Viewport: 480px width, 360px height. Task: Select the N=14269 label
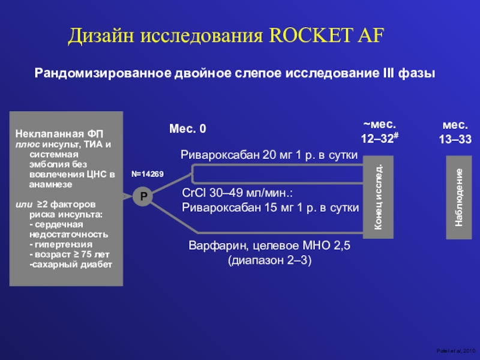pos(148,174)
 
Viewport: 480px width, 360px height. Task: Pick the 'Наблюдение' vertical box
pos(459,197)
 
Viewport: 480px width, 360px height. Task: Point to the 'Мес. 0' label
pos(188,129)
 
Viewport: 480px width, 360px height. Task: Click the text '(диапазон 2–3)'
pos(269,262)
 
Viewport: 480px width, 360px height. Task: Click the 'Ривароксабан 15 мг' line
pos(270,208)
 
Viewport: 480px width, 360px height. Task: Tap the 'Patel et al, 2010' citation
pos(458,350)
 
